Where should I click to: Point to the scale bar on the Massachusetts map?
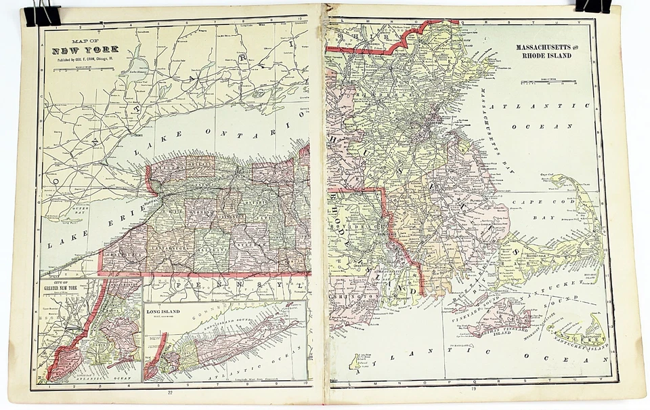(x=546, y=83)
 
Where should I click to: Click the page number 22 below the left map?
(x=170, y=393)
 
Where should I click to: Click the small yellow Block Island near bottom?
(x=351, y=360)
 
